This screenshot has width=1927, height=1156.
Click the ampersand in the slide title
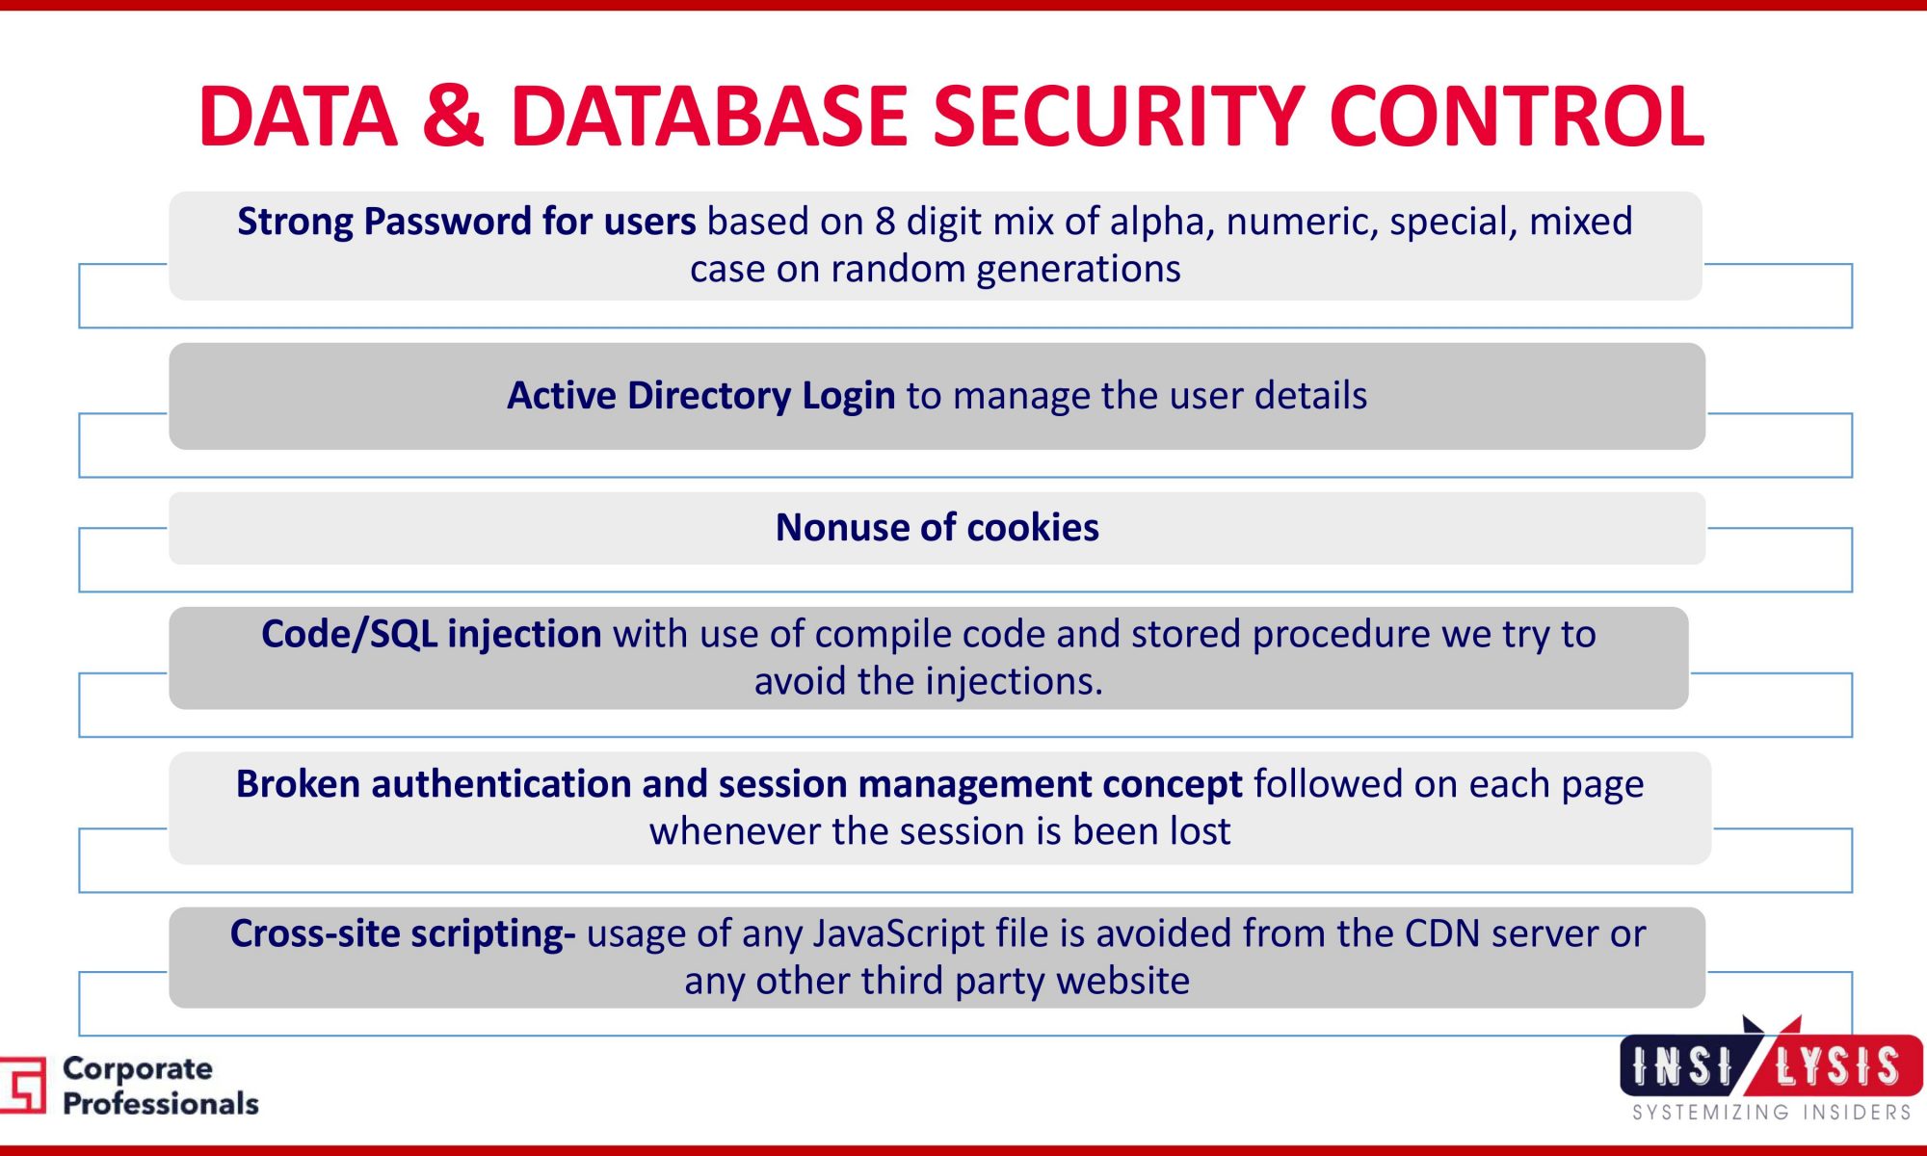coord(453,116)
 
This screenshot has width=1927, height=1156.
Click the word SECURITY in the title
coord(1119,116)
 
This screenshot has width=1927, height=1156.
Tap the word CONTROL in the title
coord(1517,116)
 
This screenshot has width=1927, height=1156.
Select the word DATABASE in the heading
coord(710,116)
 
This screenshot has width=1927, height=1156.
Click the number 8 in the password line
coord(884,222)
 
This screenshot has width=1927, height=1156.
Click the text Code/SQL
coord(349,635)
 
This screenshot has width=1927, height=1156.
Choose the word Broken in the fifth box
coord(298,784)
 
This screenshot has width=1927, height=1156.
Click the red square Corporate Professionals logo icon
coord(23,1085)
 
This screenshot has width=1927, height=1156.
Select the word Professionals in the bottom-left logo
coord(161,1104)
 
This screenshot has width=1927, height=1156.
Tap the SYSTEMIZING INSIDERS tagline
coord(1772,1113)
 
